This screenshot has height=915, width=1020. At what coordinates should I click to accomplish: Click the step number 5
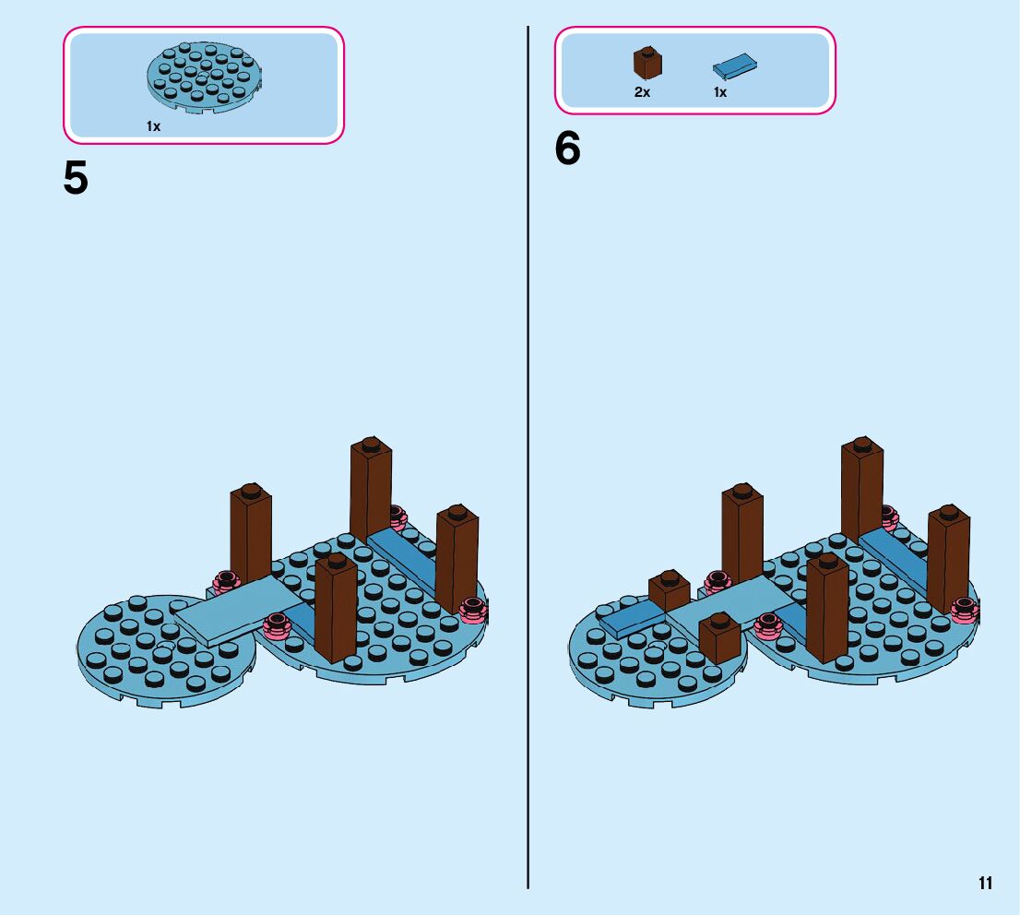coord(76,179)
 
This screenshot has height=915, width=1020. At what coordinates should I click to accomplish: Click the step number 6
coord(567,149)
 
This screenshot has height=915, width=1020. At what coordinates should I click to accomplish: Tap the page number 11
coord(985,884)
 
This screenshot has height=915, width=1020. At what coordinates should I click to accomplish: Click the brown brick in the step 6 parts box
coord(647,63)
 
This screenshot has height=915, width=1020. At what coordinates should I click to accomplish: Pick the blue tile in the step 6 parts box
coord(735,65)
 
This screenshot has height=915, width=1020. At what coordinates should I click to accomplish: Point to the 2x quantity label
coord(642,93)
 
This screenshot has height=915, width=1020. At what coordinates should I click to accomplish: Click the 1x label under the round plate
coord(153,127)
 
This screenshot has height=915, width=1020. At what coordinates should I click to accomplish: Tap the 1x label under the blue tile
coord(720,93)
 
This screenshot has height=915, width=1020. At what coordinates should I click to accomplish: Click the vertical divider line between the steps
coord(528,461)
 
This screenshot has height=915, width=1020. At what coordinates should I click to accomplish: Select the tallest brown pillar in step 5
coord(370,489)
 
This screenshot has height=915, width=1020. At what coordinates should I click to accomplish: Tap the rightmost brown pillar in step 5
coord(457,558)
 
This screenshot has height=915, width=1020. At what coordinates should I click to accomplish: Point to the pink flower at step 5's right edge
coord(474,609)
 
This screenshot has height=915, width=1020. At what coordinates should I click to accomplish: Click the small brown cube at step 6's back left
coord(670,591)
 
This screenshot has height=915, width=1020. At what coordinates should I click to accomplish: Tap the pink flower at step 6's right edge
coord(966,609)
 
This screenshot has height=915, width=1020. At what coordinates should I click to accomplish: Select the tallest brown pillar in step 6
coord(861,489)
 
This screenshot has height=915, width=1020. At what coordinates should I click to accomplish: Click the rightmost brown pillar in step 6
coord(949,558)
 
